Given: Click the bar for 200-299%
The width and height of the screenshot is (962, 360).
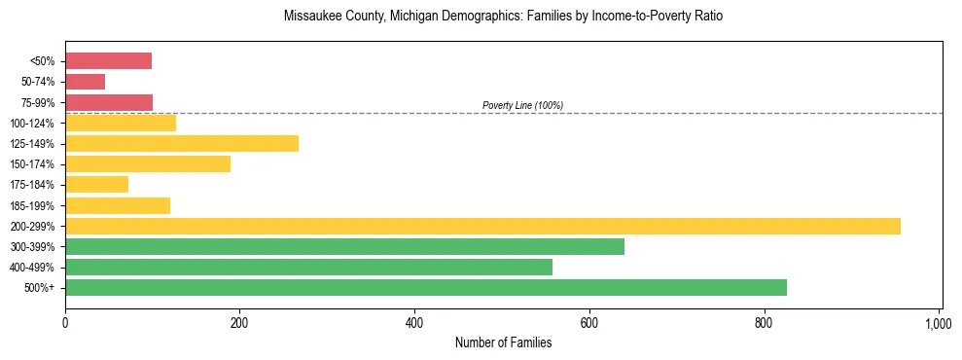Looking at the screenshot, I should point(482,227).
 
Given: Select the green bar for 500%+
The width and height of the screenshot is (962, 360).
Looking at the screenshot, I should point(426,288).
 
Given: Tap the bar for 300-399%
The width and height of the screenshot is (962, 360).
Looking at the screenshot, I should point(344,247).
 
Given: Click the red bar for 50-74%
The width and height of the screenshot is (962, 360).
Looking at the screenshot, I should point(85,82).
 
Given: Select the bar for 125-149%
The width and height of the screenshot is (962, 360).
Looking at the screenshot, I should point(182,144).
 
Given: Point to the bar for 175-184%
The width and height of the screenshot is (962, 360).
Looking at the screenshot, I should point(96,185).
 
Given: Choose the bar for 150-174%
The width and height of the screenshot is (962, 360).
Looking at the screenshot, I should point(148,164).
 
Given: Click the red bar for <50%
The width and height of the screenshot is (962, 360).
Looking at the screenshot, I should point(108,61).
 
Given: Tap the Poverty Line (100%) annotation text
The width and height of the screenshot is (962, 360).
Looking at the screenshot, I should point(522,105).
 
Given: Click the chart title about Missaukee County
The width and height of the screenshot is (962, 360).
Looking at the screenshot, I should point(503,18).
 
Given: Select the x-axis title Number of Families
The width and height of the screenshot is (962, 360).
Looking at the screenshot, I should point(503,342).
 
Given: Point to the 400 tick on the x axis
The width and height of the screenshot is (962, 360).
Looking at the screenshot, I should point(414,322).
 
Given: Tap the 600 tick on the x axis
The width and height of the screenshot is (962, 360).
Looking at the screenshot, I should point(589,322).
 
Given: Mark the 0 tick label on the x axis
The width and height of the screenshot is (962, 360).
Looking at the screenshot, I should point(65,322).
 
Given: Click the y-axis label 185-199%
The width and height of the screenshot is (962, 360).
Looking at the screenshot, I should point(32,206).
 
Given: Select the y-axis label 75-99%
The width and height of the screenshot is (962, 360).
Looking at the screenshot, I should point(37,103).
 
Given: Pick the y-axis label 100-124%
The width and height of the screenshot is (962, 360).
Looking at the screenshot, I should point(32,124).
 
